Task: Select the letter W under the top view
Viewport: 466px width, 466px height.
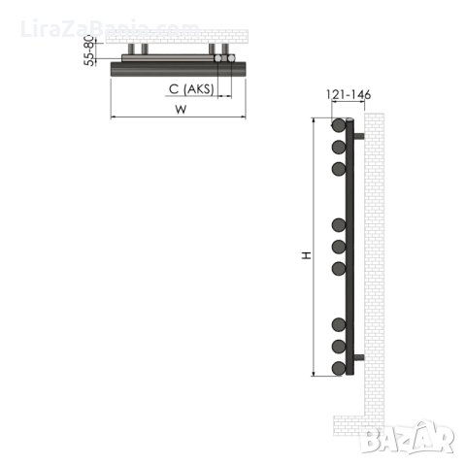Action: [181, 110]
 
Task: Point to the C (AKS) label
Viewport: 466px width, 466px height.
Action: [188, 89]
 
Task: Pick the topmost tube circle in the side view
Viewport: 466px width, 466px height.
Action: [339, 126]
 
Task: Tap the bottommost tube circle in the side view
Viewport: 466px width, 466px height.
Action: [339, 369]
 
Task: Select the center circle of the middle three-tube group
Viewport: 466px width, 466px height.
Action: [339, 248]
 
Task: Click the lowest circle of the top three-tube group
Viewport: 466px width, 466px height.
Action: [339, 170]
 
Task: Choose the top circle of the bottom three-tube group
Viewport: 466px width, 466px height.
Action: [339, 324]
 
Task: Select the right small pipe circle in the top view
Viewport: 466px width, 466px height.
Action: [231, 59]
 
